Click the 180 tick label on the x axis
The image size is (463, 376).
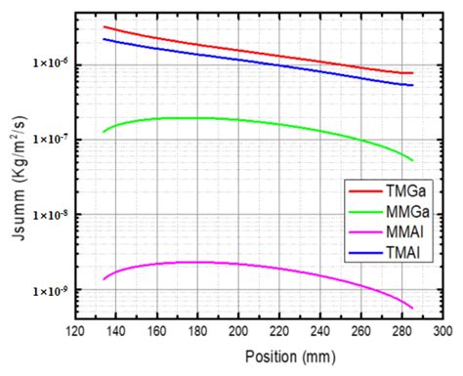coord(177,333)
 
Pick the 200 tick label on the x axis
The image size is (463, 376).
coord(210,333)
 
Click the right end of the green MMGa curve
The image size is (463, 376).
coord(412,160)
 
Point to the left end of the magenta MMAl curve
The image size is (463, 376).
coord(104,280)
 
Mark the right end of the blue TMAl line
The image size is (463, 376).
coord(412,86)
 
